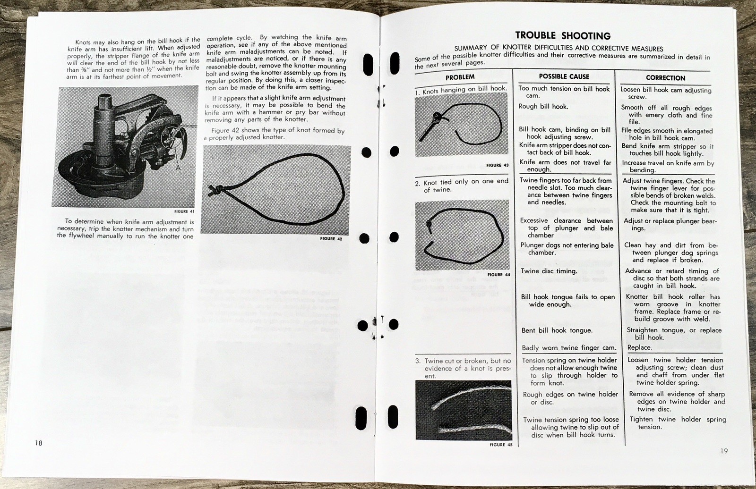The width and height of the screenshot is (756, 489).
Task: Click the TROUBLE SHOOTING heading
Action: pyautogui.click(x=562, y=36)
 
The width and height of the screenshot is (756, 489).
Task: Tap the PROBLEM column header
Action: pyautogui.click(x=460, y=77)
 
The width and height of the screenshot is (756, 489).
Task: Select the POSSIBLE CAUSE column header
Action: pyautogui.click(x=564, y=76)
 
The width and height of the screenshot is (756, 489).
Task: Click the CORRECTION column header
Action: pyautogui.click(x=665, y=78)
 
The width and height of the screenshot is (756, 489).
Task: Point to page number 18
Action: pyautogui.click(x=38, y=443)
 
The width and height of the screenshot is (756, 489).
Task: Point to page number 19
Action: pyautogui.click(x=724, y=451)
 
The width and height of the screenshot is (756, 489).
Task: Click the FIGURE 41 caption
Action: pyautogui.click(x=184, y=211)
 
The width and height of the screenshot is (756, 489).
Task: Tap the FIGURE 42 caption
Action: pyautogui.click(x=331, y=239)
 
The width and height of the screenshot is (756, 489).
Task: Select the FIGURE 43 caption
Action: pyautogui.click(x=497, y=165)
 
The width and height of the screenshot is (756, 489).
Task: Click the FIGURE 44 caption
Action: pyautogui.click(x=498, y=274)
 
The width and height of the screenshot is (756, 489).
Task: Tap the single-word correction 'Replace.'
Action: pyautogui.click(x=639, y=347)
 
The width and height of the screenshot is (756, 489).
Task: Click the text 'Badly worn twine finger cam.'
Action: pyautogui.click(x=569, y=348)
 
